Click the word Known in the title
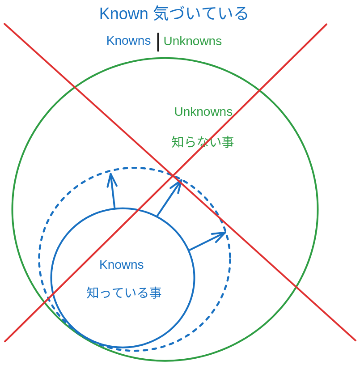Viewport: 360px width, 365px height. [x=123, y=14]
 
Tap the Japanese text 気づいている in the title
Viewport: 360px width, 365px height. [x=200, y=14]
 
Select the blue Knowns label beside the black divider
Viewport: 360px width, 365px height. [x=128, y=41]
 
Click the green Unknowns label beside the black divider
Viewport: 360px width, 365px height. [x=192, y=41]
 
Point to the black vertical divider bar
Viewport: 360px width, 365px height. [x=158, y=42]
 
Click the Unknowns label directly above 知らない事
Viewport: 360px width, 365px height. [x=203, y=112]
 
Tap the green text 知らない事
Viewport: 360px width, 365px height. [x=203, y=142]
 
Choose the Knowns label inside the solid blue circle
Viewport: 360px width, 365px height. [x=122, y=265]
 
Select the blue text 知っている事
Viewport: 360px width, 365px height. [x=124, y=293]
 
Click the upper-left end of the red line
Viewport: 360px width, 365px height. [x=5, y=24]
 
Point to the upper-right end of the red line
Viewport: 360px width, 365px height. [x=326, y=25]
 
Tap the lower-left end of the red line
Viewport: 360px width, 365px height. [x=5, y=341]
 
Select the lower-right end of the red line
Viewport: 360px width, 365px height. [x=355, y=340]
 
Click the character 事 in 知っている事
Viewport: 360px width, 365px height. [x=155, y=293]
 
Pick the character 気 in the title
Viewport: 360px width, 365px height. [x=160, y=14]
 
